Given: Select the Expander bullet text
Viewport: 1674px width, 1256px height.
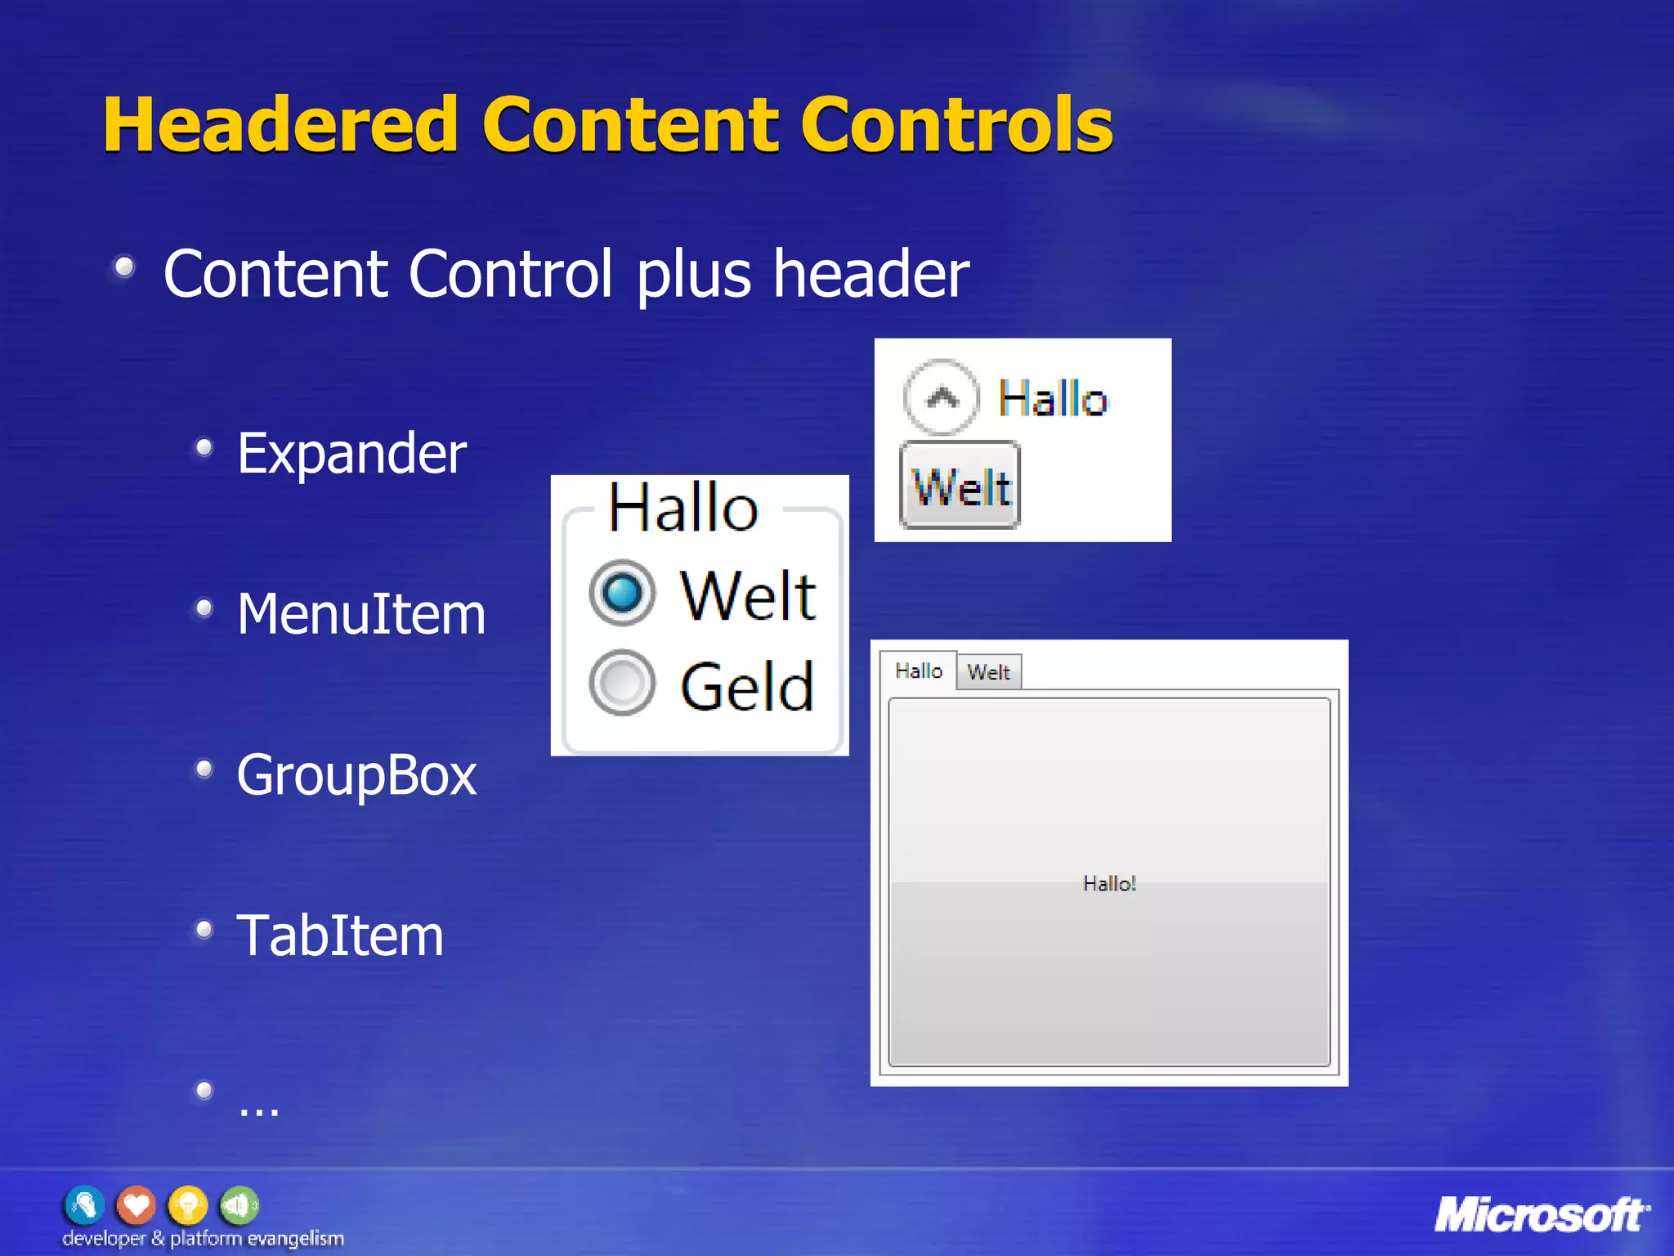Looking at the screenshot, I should (x=351, y=453).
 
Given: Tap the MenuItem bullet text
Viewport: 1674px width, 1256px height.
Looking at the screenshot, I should (x=361, y=614).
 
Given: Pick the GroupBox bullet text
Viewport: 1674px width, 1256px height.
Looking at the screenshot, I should (x=356, y=775).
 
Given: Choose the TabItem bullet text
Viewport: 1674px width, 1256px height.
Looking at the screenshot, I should (x=340, y=935).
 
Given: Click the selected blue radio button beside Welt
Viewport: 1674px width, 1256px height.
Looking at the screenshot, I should (x=622, y=593).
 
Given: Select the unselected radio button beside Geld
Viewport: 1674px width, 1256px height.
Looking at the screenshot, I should (x=622, y=683).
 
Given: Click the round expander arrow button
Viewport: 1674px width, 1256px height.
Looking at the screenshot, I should (x=942, y=397).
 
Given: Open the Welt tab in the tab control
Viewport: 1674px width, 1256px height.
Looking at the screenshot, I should (x=989, y=672).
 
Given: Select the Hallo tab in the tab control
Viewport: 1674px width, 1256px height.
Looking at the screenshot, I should (x=919, y=671).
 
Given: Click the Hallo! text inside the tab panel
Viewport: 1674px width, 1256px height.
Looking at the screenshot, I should (x=1109, y=883).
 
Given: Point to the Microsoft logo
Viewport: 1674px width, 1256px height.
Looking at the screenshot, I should (x=1542, y=1215).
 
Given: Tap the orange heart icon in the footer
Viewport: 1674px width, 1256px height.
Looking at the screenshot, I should (x=137, y=1204).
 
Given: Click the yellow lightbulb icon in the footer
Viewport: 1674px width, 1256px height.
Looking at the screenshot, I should (x=188, y=1204).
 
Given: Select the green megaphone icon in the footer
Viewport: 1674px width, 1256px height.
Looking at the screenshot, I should (x=239, y=1204).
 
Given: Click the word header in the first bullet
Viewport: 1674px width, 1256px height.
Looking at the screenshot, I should (x=871, y=274).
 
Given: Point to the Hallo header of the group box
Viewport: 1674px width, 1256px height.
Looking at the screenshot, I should (x=683, y=508).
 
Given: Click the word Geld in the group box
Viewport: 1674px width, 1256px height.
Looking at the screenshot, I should (x=747, y=687).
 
